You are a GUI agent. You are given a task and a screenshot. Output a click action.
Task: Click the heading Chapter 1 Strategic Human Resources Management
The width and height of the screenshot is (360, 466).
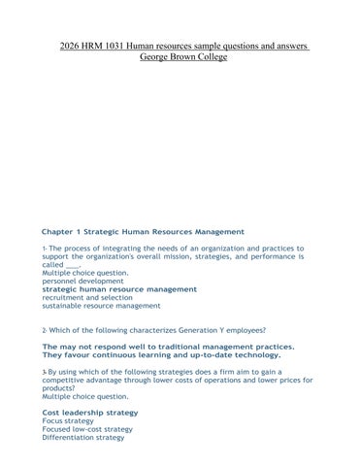pyautogui.click(x=143, y=231)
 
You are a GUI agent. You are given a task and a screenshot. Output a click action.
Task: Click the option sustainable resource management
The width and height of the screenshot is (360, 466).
pyautogui.click(x=101, y=306)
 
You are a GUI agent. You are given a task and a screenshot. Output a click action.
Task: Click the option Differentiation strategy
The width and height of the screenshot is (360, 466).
pyautogui.click(x=83, y=438)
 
